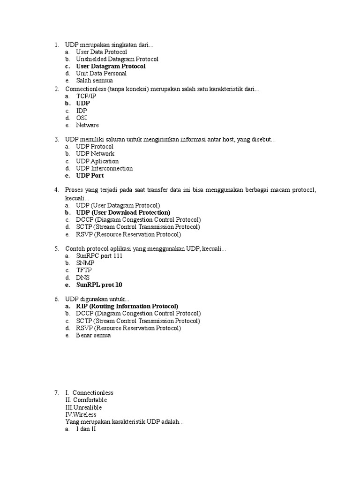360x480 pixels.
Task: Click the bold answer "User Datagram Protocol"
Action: point(111,66)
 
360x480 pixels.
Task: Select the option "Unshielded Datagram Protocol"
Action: point(117,59)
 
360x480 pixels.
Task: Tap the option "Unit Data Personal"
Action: point(101,73)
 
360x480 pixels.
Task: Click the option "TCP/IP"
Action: point(86,96)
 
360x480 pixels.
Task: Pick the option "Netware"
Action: point(87,125)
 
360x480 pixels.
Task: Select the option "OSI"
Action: point(82,118)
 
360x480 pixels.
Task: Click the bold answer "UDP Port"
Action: point(90,176)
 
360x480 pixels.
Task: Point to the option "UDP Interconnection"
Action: point(104,168)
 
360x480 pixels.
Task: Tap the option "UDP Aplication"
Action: point(97,161)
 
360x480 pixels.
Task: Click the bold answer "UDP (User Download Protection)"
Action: point(123,212)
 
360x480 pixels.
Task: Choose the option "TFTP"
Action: point(84,270)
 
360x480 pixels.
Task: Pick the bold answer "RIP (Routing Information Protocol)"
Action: point(127,306)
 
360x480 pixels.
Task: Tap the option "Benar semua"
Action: point(93,336)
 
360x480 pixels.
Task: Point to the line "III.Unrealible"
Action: point(83,407)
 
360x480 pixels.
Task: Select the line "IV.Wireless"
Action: point(81,414)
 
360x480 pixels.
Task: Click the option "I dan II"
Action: point(86,429)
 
